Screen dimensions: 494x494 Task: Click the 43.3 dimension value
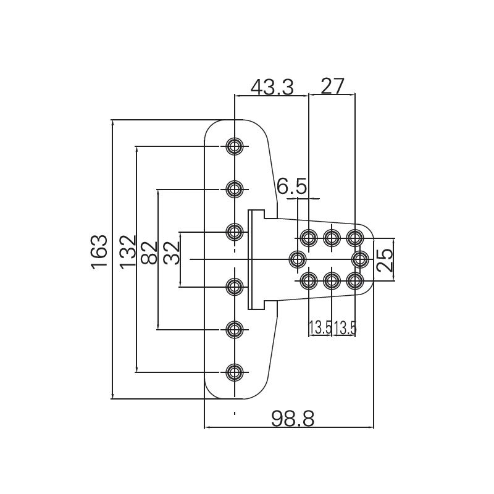coord(271,86)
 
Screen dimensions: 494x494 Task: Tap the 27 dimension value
coord(332,86)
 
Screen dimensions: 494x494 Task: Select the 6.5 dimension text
coord(291,186)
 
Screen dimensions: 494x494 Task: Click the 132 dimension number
coord(127,251)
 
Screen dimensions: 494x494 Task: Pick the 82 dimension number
coord(149,252)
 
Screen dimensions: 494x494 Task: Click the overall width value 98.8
coord(293,419)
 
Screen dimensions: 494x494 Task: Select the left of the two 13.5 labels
coord(320,328)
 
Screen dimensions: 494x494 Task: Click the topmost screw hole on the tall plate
coord(235,146)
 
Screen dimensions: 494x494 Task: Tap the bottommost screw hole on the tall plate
coord(235,372)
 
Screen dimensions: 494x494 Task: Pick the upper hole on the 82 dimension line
coord(235,188)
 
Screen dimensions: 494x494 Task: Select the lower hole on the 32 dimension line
coord(235,287)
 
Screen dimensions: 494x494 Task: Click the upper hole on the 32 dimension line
coord(235,232)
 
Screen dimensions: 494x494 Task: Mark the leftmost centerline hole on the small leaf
coord(298,259)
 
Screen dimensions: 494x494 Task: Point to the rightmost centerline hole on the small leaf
coord(361,259)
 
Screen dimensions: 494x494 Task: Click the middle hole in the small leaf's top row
coord(332,237)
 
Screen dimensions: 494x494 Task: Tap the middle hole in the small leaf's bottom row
coord(332,281)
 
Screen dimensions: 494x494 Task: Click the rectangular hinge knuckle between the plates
coord(254,259)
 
